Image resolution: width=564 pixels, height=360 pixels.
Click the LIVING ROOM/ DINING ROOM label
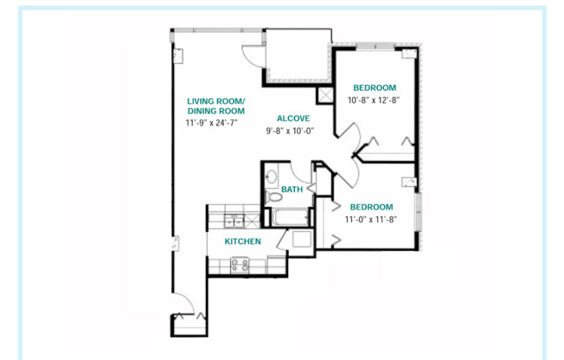(216, 106)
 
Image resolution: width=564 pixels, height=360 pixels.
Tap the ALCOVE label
(292, 118)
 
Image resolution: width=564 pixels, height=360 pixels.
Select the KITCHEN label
(243, 241)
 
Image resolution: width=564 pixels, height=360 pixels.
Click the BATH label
(292, 190)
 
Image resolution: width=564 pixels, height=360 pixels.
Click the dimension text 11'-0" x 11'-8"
(370, 220)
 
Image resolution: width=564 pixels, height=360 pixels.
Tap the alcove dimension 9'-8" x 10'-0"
(290, 132)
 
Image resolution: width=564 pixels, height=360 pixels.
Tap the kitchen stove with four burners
(240, 266)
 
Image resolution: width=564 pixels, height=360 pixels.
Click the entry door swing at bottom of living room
(184, 304)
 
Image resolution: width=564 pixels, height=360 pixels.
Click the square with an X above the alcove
(327, 96)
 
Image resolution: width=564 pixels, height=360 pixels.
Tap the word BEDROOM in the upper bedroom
(374, 87)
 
